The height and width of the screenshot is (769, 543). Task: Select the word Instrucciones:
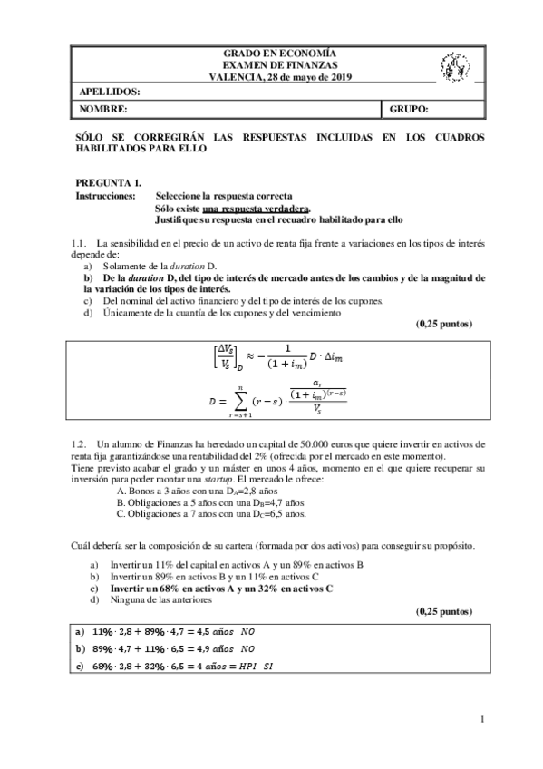pyautogui.click(x=105, y=196)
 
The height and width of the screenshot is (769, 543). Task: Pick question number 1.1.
pyautogui.click(x=78, y=244)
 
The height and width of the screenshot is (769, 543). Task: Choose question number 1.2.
pyautogui.click(x=78, y=443)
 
